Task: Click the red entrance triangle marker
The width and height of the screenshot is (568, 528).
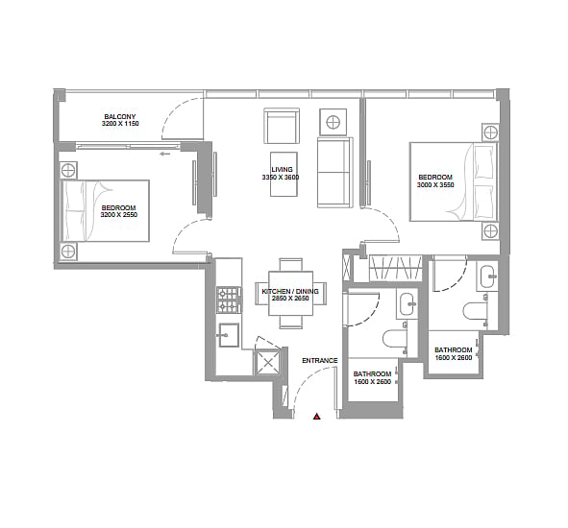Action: pos(317,417)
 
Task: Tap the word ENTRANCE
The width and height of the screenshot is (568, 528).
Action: pos(319,360)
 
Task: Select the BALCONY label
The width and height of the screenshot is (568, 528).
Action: pos(120,116)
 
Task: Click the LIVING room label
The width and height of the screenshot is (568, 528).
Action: pos(282,169)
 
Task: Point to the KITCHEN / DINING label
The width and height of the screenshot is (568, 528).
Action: pos(290,291)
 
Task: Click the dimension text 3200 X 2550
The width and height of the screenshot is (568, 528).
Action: pos(119,215)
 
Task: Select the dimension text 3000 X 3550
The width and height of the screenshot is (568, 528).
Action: pos(435,184)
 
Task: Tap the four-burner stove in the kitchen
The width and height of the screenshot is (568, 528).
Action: pos(230,300)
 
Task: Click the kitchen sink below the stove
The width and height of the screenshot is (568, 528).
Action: pos(229,335)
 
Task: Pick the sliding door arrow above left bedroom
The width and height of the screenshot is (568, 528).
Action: pos(164,155)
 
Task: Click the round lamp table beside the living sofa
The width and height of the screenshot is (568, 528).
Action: pos(333,122)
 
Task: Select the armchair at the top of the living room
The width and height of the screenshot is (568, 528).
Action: pos(282,126)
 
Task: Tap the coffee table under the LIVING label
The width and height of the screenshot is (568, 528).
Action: pos(284,174)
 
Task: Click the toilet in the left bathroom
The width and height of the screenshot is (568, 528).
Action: pos(395,341)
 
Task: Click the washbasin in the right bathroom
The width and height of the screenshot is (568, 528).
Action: pos(489,276)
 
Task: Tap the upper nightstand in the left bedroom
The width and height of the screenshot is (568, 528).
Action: pos(67,170)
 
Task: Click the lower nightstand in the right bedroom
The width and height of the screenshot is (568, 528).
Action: pos(490,231)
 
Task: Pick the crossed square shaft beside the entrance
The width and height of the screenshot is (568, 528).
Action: pos(267,363)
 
